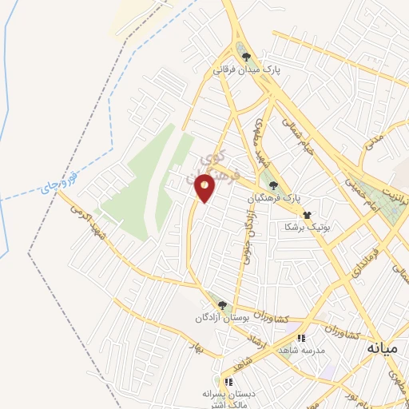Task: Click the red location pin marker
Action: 205,188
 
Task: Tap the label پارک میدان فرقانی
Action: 248,70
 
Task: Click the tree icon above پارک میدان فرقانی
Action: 247,57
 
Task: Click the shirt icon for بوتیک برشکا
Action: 306,215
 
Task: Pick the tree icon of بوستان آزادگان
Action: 222,305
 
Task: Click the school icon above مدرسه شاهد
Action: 301,339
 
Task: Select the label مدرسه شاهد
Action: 300,351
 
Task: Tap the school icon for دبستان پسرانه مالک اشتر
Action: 228,382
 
